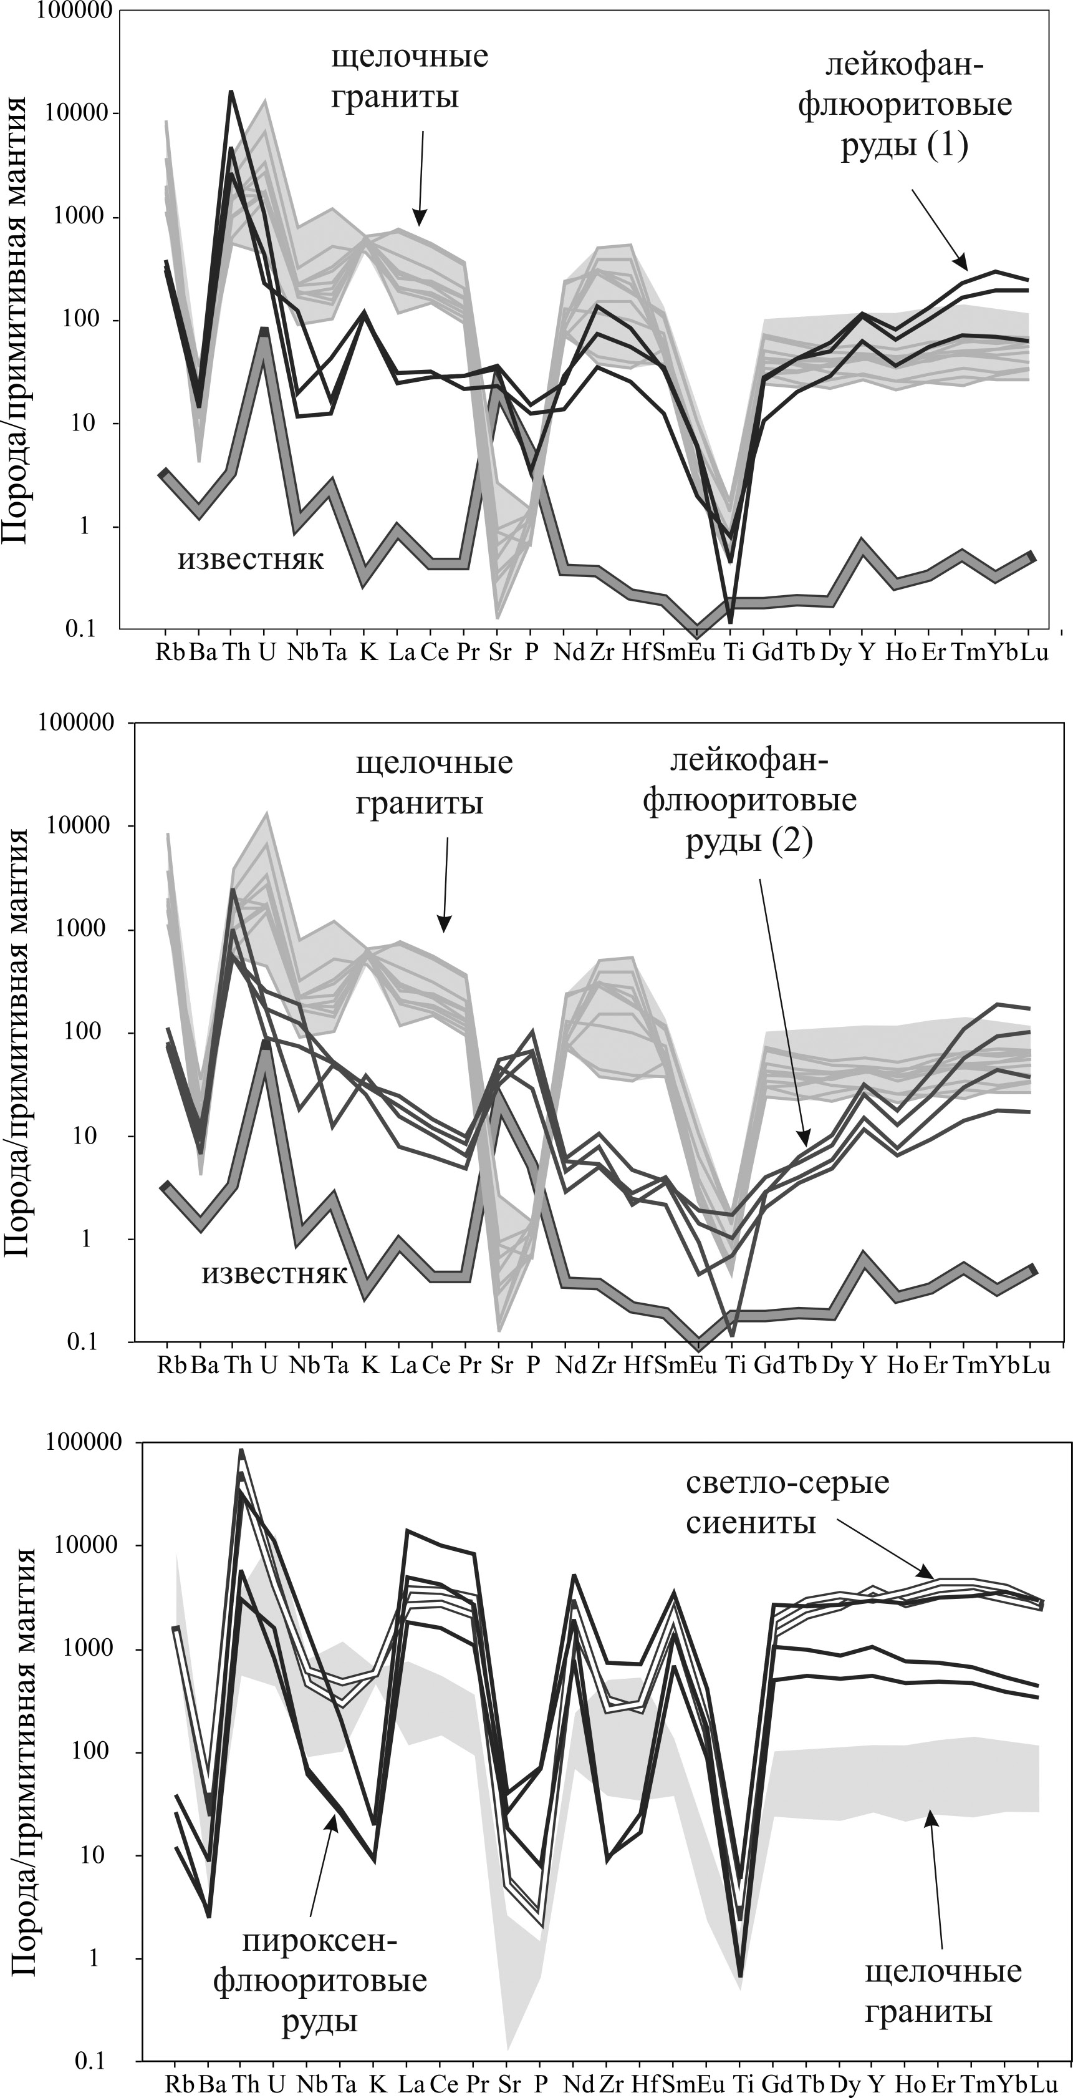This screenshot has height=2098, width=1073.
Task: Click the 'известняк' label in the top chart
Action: [x=251, y=560]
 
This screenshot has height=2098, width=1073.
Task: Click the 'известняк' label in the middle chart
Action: [x=274, y=1273]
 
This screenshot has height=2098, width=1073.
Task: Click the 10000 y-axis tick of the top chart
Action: [x=78, y=112]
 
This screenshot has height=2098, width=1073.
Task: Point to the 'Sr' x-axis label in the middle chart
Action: [x=501, y=1365]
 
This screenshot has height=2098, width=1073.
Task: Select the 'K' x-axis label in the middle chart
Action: [x=370, y=1365]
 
